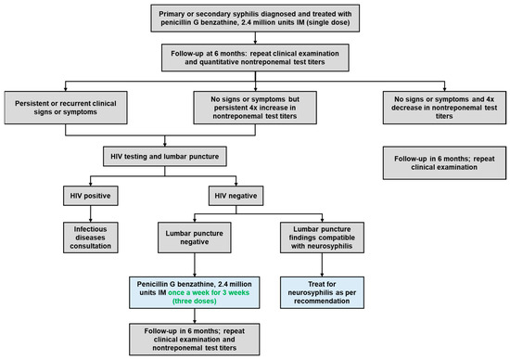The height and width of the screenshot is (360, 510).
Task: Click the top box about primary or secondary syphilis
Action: pyautogui.click(x=253, y=19)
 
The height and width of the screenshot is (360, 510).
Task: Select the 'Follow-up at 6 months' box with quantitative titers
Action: pyautogui.click(x=253, y=58)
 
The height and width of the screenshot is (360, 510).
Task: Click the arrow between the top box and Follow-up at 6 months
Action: pyautogui.click(x=253, y=38)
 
